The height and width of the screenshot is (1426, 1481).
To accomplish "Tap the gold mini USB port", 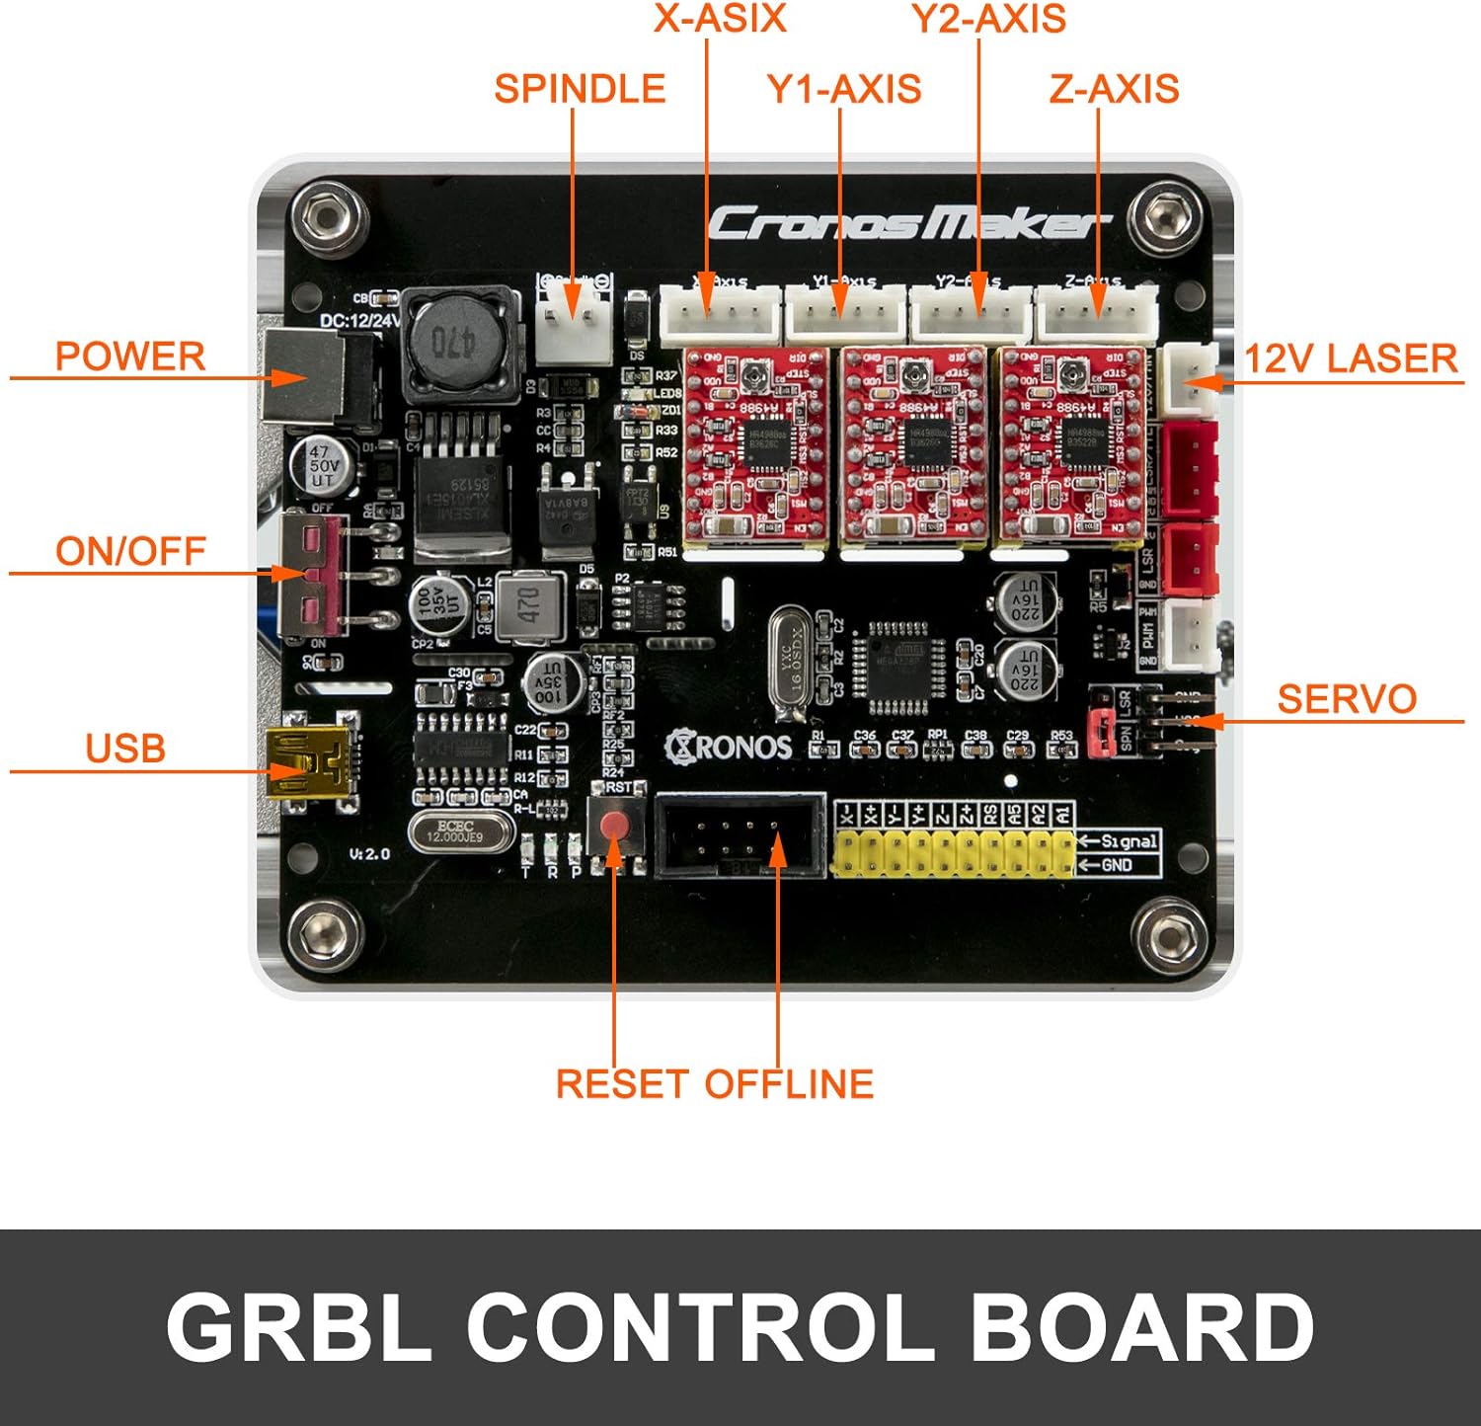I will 308,760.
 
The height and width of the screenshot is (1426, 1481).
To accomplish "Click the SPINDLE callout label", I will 580,89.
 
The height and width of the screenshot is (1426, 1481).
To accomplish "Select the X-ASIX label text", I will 720,19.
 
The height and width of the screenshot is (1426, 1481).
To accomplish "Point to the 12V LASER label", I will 1350,358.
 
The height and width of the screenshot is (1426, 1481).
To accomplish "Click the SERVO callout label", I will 1347,699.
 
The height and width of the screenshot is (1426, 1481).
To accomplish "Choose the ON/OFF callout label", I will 130,551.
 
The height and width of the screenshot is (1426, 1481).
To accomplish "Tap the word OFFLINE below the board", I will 789,1084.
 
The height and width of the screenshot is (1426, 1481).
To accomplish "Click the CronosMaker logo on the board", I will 906,224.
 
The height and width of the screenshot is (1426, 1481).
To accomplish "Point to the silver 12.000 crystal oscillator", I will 461,832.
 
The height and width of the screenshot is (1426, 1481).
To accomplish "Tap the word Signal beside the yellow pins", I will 1129,841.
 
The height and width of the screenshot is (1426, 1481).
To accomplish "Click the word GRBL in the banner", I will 299,1327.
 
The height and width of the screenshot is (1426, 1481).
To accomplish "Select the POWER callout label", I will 130,356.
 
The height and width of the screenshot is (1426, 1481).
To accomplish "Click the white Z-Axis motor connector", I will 1096,314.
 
